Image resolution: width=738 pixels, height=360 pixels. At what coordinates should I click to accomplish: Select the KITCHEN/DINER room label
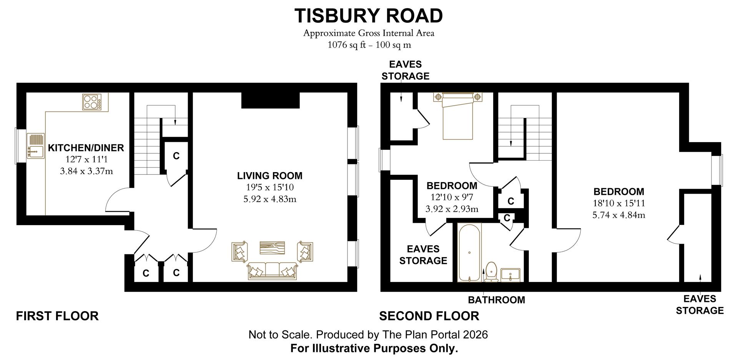[x=86, y=148]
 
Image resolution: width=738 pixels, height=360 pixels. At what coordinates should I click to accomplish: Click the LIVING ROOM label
[x=269, y=176]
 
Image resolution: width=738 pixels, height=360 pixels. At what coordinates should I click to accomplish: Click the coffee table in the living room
[x=272, y=247]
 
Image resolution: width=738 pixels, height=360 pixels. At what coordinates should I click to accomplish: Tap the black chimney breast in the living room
[x=270, y=100]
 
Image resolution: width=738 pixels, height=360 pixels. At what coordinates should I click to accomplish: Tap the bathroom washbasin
[x=510, y=274]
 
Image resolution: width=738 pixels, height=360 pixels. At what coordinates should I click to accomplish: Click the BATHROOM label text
[x=496, y=300]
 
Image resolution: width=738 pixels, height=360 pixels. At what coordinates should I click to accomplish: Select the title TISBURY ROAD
[x=369, y=16]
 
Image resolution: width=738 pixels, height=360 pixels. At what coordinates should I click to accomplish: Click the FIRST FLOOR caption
[x=57, y=316]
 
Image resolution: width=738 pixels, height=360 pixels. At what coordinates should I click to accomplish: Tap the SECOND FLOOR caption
[x=429, y=316]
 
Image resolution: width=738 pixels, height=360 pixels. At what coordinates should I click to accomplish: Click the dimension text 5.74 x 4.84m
[x=618, y=215]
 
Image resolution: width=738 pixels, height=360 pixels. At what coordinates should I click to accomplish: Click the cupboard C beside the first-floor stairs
[x=176, y=156]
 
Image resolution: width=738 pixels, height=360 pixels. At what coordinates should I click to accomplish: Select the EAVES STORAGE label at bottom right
[x=700, y=305]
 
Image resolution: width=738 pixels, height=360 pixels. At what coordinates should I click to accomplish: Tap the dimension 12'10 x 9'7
[x=452, y=197]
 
